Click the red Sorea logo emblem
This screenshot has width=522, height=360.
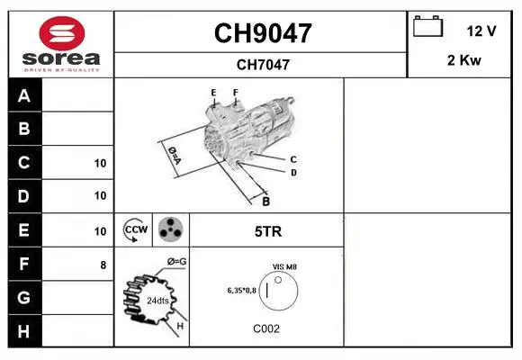click(62, 33)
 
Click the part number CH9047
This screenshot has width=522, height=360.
click(263, 33)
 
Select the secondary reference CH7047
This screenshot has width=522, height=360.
click(263, 65)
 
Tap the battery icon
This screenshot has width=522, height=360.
click(427, 26)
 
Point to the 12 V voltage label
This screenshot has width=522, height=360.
click(481, 31)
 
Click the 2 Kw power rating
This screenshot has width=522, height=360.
click(464, 60)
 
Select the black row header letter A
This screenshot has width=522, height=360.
click(24, 95)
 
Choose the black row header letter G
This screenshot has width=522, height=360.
click(23, 297)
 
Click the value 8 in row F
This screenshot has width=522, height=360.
click(103, 265)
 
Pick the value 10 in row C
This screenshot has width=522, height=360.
click(100, 163)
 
